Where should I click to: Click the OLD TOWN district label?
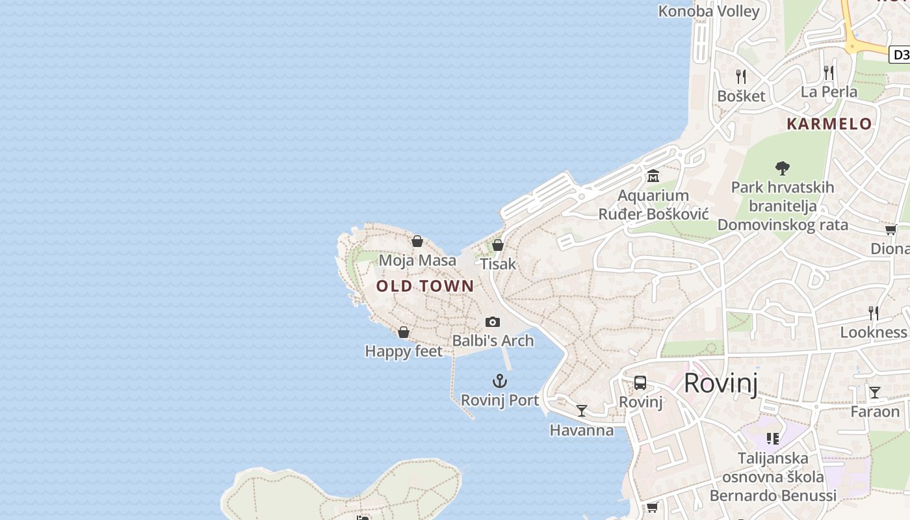425,286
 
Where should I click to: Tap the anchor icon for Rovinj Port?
500,381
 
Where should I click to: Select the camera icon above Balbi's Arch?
493,322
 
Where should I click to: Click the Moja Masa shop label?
417,261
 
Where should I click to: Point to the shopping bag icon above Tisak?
498,245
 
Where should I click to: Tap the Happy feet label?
404,352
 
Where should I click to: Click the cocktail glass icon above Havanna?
582,411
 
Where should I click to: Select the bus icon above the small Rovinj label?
640,383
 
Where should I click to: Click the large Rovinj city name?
721,383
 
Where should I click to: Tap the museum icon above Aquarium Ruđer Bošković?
653,176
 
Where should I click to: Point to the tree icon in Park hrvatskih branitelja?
783,168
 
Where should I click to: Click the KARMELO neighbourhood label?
829,123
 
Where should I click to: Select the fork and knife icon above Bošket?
740,76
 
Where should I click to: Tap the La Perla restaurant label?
829,92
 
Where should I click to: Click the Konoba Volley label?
708,11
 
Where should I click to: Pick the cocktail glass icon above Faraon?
875,393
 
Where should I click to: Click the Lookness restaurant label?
873,332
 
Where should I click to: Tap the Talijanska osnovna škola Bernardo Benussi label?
773,477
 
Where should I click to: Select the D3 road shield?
900,55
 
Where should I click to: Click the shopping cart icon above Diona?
890,229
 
